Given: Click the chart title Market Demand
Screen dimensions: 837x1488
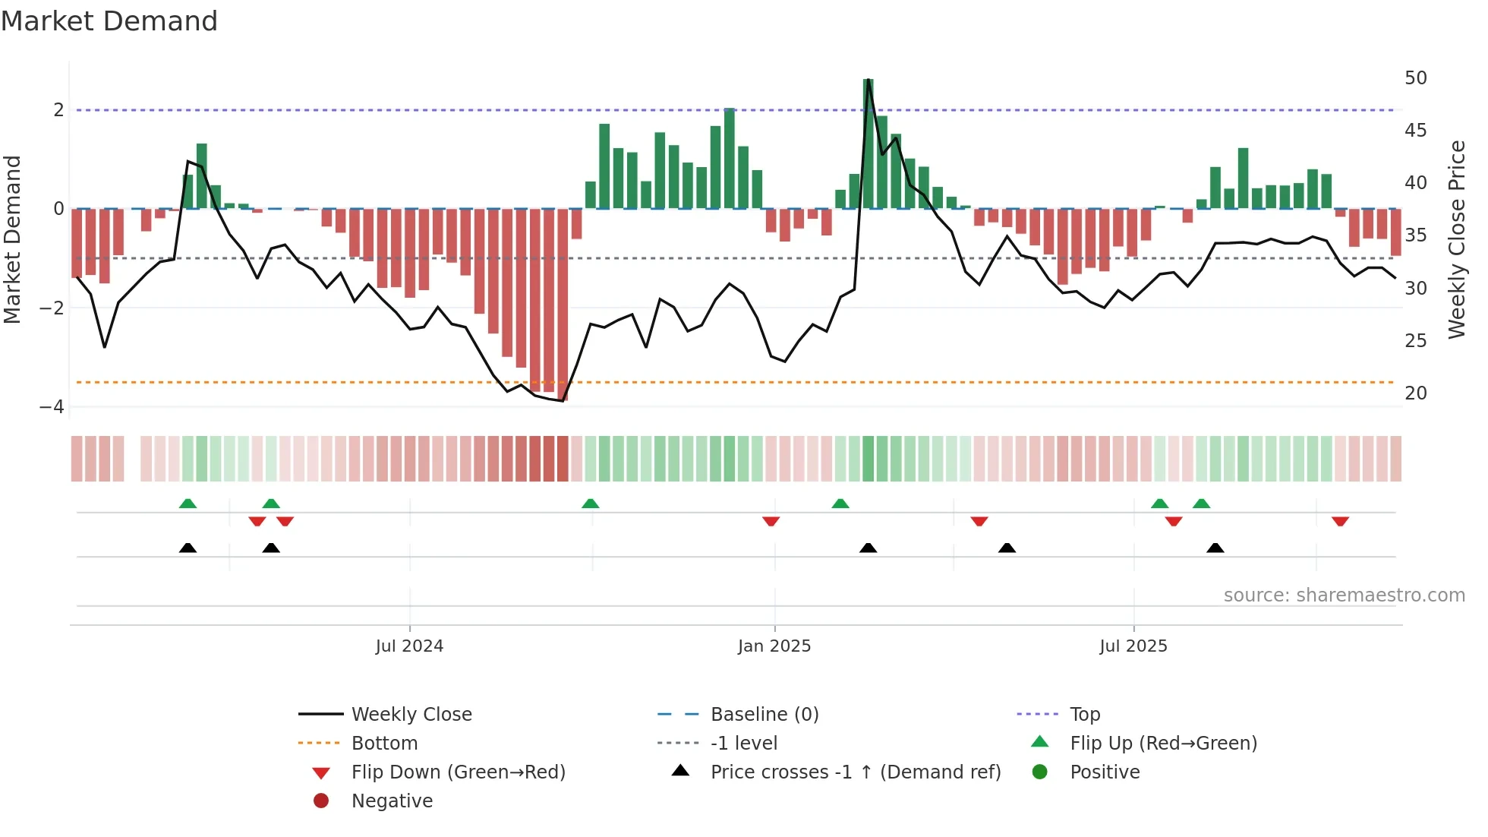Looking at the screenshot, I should point(109,21).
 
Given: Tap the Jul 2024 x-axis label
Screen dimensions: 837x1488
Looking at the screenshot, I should point(409,646).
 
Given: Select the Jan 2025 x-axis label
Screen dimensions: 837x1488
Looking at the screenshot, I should point(774,646).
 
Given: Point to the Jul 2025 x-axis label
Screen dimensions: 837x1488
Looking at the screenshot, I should point(1133,646).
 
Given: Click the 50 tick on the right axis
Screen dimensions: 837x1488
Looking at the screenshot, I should point(1415,78).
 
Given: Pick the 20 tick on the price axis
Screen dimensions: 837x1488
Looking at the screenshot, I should point(1415,393).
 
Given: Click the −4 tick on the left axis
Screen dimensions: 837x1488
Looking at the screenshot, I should point(52,407).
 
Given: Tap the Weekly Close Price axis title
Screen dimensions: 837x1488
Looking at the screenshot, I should point(1456,239).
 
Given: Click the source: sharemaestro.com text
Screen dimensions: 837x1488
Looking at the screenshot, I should point(1344,595).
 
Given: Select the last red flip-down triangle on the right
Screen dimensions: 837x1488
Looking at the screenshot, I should point(1340,522).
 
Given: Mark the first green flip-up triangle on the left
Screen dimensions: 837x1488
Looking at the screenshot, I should point(188,504).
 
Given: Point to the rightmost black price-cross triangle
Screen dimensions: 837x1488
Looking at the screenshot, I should point(1215,548).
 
